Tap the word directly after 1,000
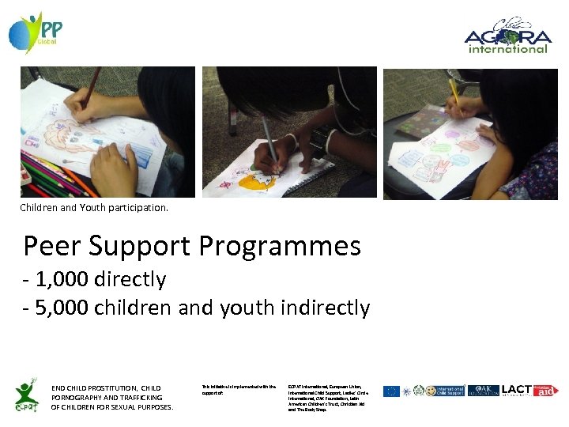[x=130, y=279]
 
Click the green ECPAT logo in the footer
[x=26, y=394]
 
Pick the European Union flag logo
[x=391, y=391]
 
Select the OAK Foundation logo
[x=483, y=391]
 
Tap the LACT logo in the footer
[x=516, y=391]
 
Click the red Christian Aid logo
[x=545, y=391]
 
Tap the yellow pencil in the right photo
[x=455, y=92]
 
